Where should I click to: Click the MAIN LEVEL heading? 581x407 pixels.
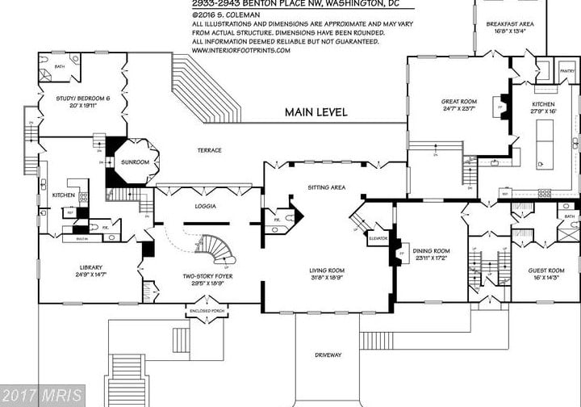(316, 112)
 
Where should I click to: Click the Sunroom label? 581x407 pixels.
(136, 162)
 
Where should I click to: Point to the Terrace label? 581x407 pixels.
(209, 150)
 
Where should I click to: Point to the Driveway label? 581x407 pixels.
(328, 355)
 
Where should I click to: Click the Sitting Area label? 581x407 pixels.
(327, 187)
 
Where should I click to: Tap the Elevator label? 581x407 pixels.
(378, 238)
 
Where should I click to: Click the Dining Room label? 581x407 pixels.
(430, 251)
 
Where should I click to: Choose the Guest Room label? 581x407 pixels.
(546, 270)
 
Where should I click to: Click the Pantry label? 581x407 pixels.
(567, 71)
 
